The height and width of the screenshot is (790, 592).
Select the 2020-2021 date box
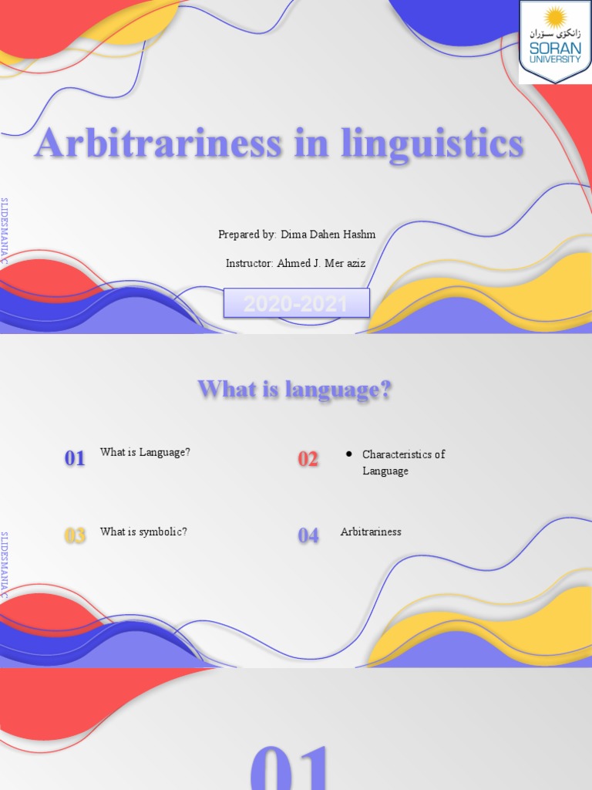click(296, 304)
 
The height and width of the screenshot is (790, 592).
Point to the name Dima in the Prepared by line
click(294, 235)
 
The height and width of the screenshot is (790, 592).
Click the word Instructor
click(249, 263)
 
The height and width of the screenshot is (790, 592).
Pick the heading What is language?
click(295, 390)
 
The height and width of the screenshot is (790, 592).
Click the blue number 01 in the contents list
click(75, 459)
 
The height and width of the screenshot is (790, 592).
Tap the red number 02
click(308, 460)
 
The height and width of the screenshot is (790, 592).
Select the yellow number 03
click(75, 535)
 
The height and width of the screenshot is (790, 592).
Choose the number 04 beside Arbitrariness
click(308, 535)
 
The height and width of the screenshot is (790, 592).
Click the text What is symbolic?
click(143, 532)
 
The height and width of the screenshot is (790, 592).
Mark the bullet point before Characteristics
click(349, 454)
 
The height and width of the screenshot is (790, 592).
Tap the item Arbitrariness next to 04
click(371, 532)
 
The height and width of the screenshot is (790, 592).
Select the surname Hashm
click(359, 235)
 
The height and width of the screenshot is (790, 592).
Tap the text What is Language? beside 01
click(145, 452)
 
